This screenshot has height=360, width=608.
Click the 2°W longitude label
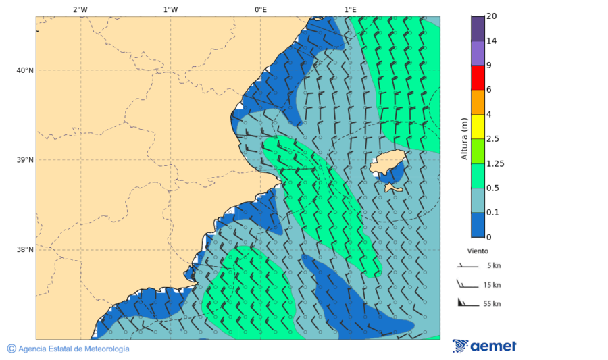(x=80, y=9)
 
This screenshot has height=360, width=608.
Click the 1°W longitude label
(x=170, y=9)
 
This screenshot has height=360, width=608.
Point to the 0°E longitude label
(x=260, y=9)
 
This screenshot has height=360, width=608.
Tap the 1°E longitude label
(x=350, y=9)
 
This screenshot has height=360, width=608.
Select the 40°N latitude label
(x=25, y=70)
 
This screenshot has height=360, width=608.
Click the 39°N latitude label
(x=25, y=160)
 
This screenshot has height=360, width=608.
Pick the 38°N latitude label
(x=25, y=249)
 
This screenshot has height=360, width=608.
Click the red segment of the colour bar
(x=478, y=78)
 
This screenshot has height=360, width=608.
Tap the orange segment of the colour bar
(x=478, y=102)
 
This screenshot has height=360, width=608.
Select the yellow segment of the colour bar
(x=478, y=126)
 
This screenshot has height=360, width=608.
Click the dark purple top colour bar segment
(x=478, y=28)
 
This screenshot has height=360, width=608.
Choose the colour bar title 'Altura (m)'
(x=464, y=138)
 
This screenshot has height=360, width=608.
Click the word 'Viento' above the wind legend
(x=478, y=251)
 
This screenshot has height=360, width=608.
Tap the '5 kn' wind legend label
(x=493, y=265)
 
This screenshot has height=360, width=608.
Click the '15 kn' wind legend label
(x=492, y=285)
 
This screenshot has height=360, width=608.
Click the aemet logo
(x=484, y=346)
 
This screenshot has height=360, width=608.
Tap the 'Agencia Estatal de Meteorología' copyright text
(x=68, y=349)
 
